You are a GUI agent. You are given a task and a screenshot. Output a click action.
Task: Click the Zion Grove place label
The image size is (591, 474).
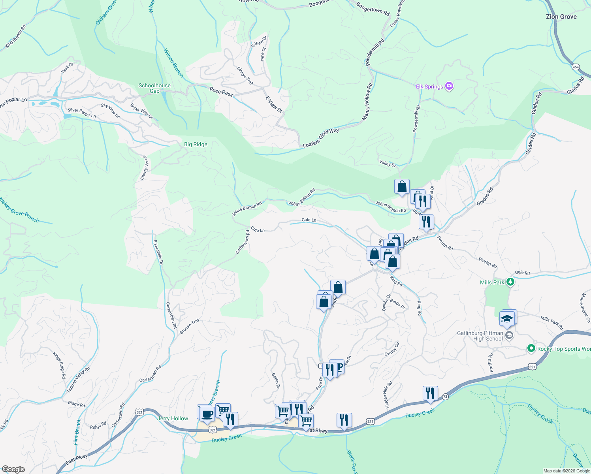[x=561, y=17]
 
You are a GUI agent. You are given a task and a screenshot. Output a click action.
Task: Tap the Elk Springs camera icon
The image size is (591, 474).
[x=449, y=86]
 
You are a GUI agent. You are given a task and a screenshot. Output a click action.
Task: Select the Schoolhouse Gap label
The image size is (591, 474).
[x=154, y=88]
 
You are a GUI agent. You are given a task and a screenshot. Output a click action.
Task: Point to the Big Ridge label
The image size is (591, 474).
[x=196, y=144]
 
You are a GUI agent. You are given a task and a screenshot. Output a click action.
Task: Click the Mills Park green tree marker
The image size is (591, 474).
[x=510, y=282]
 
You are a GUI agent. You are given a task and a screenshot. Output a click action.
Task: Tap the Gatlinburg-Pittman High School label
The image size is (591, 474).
[x=488, y=336]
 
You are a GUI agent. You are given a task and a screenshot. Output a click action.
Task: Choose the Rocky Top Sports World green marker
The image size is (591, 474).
[x=531, y=348]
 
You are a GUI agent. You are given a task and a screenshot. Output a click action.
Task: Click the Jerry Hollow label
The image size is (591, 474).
[x=173, y=418]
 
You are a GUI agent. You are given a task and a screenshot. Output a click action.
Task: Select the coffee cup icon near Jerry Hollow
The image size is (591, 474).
[x=207, y=414]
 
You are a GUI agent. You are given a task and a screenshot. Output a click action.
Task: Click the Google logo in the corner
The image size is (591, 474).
[x=13, y=469]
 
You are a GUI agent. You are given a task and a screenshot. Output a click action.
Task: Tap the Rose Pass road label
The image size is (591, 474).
[x=221, y=92]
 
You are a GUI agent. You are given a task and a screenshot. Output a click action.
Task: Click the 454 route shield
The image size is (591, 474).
[x=576, y=67]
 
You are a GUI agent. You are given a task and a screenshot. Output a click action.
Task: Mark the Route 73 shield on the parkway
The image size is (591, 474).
[x=446, y=396]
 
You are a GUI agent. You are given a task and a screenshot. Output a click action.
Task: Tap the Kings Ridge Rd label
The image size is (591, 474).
[x=59, y=365]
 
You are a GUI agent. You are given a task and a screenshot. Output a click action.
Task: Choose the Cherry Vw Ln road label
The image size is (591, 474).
[x=145, y=168]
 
